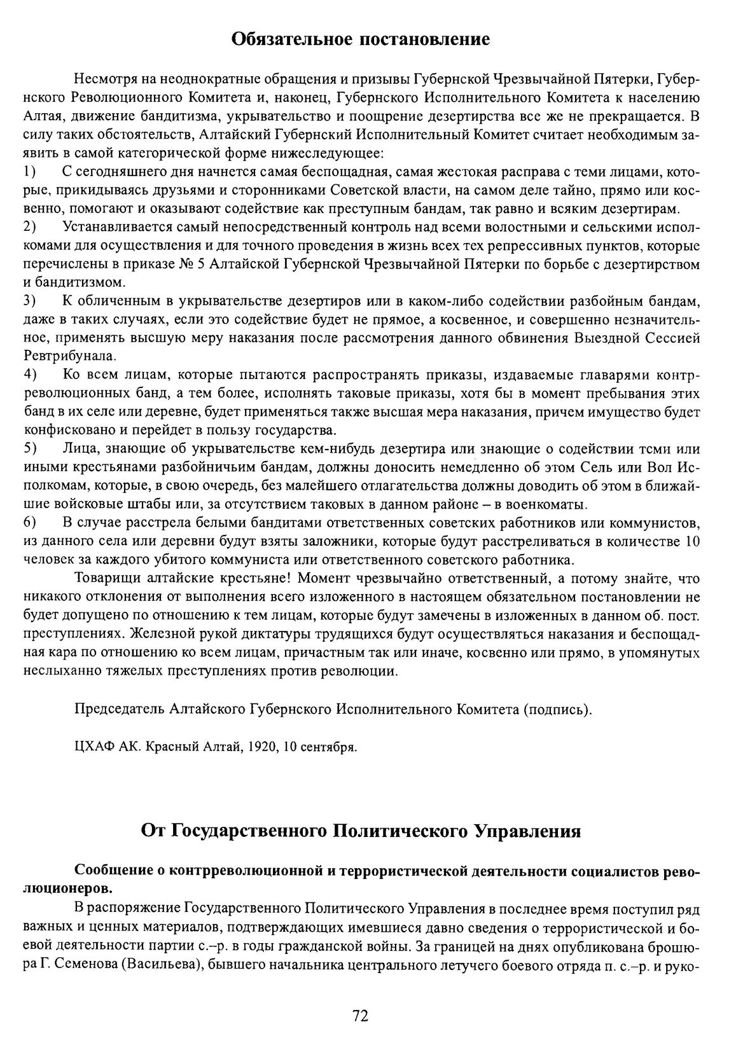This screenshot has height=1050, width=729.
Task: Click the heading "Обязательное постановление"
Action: [x=360, y=39]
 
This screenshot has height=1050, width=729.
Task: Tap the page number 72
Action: [x=360, y=1016]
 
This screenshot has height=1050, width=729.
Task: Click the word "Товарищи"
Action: [x=106, y=579]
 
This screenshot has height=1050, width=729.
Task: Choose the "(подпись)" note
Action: [x=557, y=709]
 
